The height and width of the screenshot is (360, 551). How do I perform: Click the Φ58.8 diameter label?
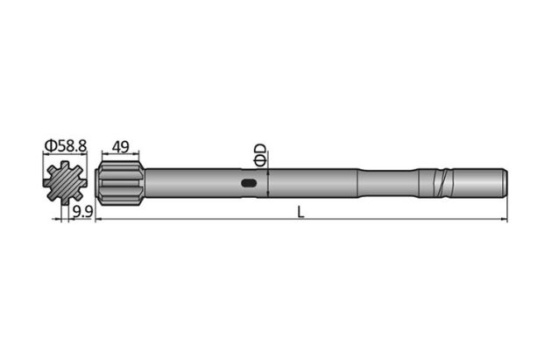pos(65,145)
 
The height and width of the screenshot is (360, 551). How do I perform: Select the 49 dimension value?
pos(122,145)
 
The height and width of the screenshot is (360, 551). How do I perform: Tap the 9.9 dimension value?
pos(83,213)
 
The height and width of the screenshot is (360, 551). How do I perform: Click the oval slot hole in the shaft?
pos(250,184)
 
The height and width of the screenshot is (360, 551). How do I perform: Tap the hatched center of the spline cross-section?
pos(65,183)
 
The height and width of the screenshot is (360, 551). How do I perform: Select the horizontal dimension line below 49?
pos(122,155)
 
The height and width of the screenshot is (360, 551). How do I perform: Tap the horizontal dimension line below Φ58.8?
pos(65,155)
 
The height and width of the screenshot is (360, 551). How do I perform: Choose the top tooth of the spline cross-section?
pos(65,166)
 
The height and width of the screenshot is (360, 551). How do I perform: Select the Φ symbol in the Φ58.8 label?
pos(49,145)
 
